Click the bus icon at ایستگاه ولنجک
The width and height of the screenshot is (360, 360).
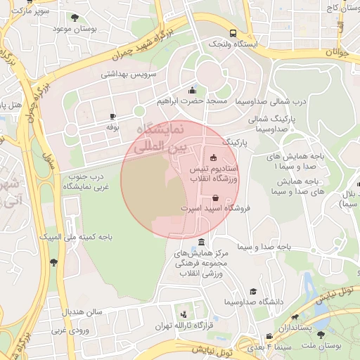(233, 32)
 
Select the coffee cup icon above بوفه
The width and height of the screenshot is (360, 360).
(112, 116)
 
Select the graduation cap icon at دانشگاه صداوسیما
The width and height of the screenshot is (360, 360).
(253, 291)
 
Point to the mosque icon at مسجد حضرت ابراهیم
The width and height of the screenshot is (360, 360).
(193, 90)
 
